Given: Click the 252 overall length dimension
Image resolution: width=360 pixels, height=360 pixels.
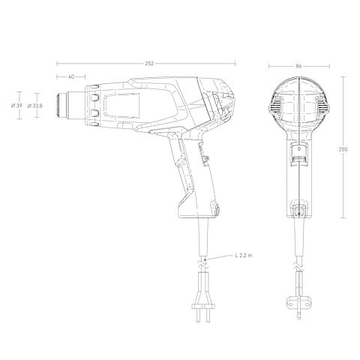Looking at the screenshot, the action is pos(149,64).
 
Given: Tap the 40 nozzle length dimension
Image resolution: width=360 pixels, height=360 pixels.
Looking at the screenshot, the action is pos(71,76).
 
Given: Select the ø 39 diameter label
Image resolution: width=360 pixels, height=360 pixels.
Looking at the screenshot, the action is pos(16,106).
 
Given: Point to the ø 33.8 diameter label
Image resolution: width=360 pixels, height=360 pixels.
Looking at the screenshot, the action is pos(34,106).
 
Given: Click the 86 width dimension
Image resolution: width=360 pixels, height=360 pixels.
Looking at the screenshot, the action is pos(298,66).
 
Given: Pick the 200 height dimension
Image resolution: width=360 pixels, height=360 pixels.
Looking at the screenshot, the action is pos(343,149).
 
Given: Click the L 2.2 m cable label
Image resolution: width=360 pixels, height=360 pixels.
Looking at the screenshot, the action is pos(244,255).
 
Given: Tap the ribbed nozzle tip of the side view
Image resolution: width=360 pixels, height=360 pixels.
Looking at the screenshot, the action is pos(59,105).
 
